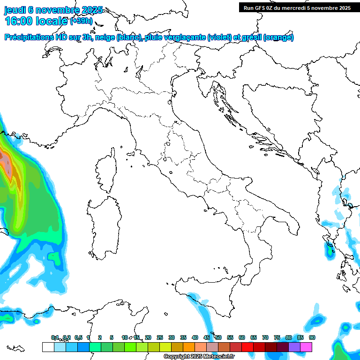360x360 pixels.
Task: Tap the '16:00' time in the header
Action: click(18, 21)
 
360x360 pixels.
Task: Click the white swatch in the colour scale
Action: click(47, 347)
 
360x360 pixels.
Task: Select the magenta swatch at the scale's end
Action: click(306, 347)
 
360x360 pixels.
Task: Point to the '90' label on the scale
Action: click(312, 337)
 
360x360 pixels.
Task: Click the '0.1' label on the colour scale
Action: click(55, 337)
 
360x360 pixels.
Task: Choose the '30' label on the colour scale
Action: click(172, 337)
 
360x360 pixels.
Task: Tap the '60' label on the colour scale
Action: click(242, 337)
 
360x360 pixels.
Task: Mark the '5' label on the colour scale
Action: click(112, 337)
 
